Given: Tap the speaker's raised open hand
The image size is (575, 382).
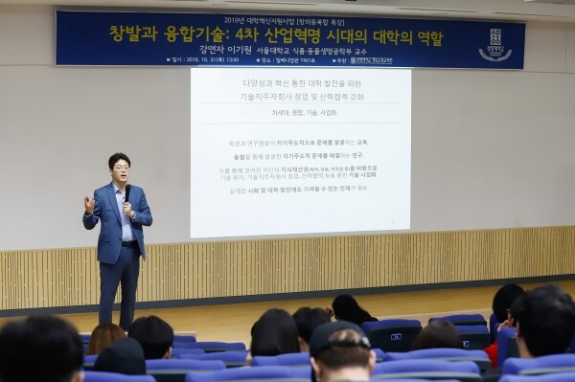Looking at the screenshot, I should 89,202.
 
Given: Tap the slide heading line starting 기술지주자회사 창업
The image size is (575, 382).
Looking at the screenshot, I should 300,97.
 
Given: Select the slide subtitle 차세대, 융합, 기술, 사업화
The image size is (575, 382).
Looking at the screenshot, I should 300,112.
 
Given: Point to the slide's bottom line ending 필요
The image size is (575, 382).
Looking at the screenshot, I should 300,188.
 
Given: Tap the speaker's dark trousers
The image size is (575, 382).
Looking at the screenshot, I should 119,282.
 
